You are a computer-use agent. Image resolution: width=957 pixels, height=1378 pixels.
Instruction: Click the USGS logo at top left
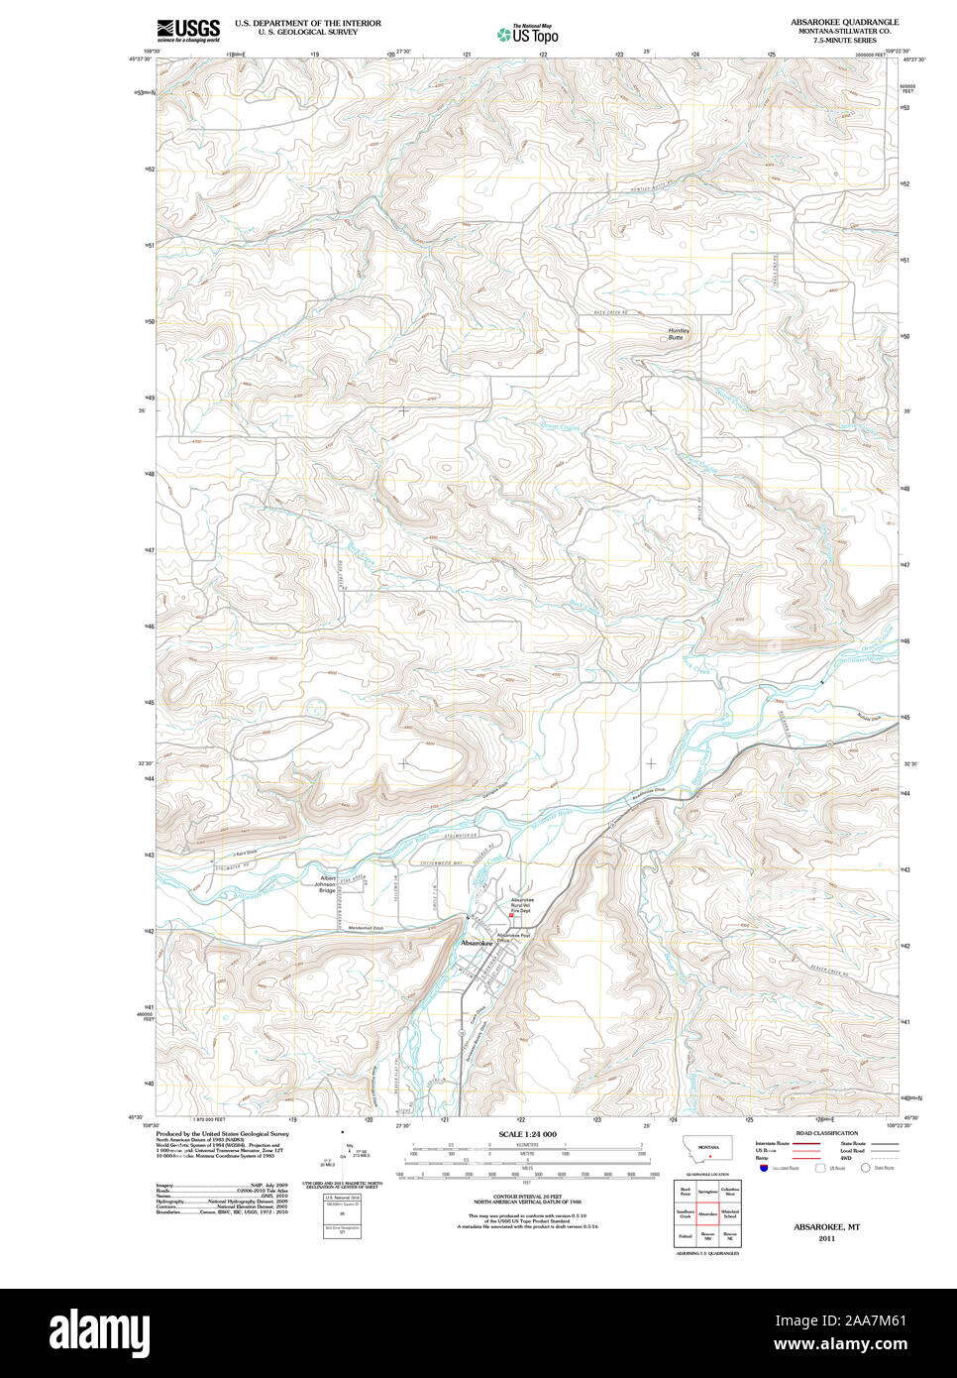point(187,29)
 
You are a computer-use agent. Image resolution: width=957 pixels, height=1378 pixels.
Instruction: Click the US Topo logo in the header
point(527,35)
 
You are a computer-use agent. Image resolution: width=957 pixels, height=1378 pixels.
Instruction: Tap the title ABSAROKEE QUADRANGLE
point(844,22)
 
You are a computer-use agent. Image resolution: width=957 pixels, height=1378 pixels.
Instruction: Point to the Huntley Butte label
point(678,334)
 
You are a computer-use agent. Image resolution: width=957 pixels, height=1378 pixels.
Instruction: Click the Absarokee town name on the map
point(477,943)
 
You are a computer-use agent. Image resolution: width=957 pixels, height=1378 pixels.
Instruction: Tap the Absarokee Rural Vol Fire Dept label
point(521,905)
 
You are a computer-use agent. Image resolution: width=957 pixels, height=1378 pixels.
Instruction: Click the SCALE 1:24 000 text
point(527,1133)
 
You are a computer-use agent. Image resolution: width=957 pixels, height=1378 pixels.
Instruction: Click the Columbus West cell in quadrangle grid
point(730,1191)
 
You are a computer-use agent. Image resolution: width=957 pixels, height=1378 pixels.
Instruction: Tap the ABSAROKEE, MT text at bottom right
point(826,1226)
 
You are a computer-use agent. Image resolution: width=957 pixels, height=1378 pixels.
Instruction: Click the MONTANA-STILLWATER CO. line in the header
point(844,32)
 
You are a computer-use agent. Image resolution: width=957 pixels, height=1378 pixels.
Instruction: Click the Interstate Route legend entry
point(773,1144)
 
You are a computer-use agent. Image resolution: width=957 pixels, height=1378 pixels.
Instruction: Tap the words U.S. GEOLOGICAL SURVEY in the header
point(307,32)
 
